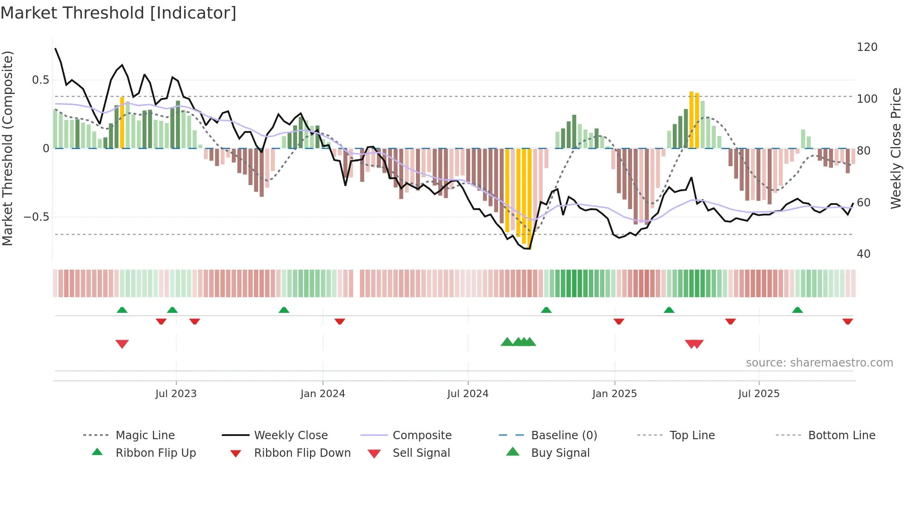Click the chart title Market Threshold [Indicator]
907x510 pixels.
(118, 13)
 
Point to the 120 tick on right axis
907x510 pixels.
(867, 47)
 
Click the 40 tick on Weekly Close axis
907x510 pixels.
(864, 254)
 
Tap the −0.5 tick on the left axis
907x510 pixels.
(36, 217)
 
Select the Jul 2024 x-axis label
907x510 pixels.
(467, 394)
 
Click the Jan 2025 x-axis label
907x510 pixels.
(614, 394)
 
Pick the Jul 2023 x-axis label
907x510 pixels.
(176, 394)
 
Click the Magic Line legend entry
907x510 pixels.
(145, 435)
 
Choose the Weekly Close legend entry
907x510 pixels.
(291, 435)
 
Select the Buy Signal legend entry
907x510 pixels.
(560, 453)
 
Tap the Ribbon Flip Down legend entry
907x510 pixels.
(302, 453)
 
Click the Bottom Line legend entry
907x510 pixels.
(841, 435)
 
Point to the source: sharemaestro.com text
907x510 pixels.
(819, 363)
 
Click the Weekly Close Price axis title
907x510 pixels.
(896, 148)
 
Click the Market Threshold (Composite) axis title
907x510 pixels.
(7, 148)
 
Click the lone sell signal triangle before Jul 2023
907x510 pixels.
(122, 344)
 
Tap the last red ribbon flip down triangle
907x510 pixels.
(847, 322)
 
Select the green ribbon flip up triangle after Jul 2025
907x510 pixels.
(797, 310)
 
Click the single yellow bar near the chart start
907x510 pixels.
(122, 123)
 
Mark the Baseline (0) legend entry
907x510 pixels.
(564, 435)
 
